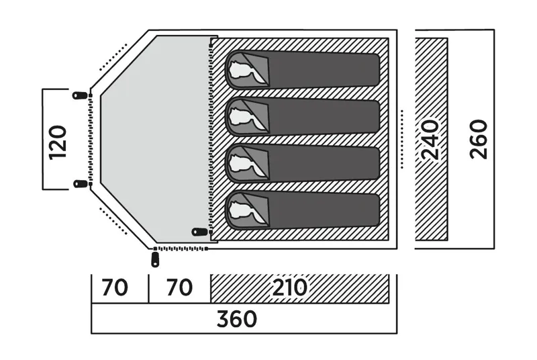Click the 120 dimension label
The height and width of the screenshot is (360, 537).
[x=58, y=140]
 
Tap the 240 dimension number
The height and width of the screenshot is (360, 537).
[x=430, y=140]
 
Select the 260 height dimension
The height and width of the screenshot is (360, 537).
[x=479, y=139]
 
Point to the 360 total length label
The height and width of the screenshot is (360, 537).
[x=237, y=319]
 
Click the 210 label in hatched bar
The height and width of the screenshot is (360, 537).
[x=290, y=288]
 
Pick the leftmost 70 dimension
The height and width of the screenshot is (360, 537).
[x=115, y=288]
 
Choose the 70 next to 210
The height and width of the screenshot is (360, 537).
[x=179, y=288]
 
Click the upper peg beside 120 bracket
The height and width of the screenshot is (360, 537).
[x=80, y=95]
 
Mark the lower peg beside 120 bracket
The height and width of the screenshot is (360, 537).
[x=80, y=183]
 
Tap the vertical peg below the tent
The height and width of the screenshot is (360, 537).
[x=156, y=258]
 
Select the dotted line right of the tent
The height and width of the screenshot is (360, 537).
[x=401, y=138]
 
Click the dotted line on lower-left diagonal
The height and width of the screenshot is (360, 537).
[x=113, y=220]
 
